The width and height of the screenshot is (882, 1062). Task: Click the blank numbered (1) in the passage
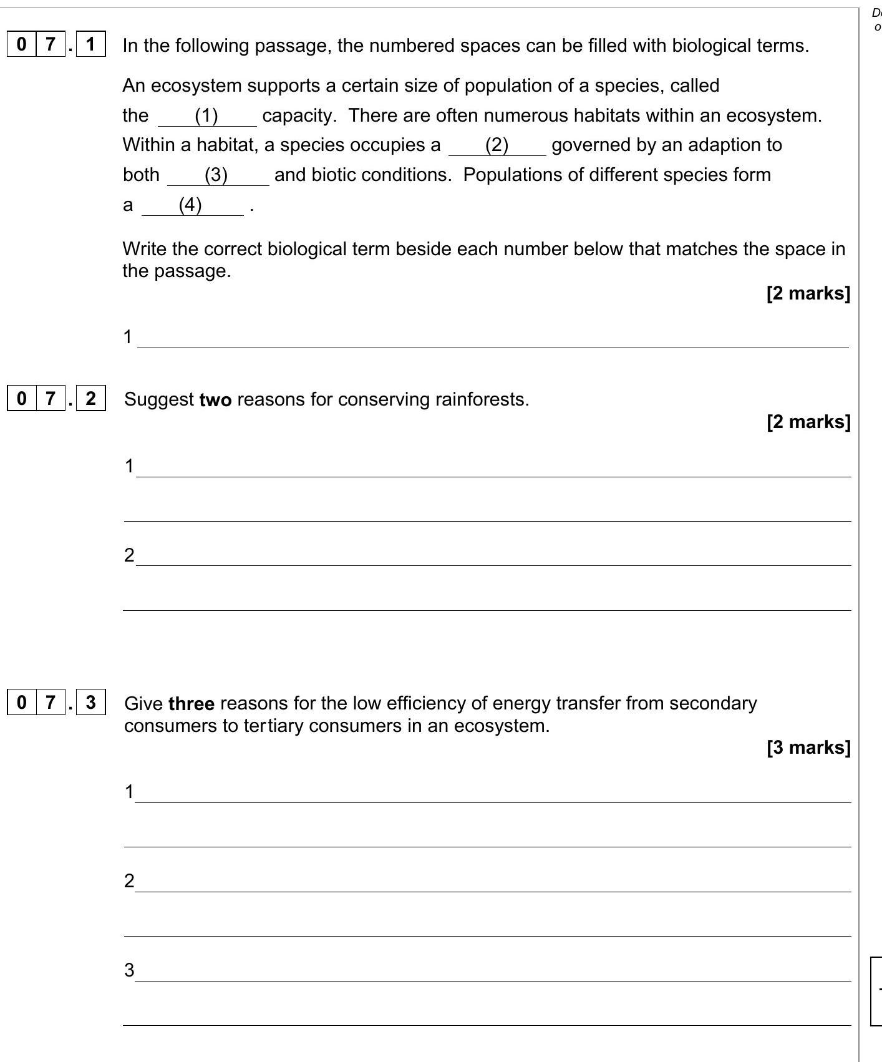[x=206, y=116]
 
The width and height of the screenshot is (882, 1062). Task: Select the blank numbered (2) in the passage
[x=497, y=145]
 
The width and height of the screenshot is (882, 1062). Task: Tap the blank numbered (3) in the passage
[x=216, y=175]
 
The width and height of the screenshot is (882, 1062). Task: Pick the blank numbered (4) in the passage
[x=190, y=205]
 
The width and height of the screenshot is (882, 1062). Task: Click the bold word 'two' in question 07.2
[x=215, y=400]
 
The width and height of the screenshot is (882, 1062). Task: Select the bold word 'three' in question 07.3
[x=191, y=704]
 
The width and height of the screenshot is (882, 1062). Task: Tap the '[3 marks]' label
[x=808, y=748]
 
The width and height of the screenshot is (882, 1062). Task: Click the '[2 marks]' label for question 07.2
[x=808, y=422]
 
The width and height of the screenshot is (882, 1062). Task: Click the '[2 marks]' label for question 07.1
[x=808, y=293]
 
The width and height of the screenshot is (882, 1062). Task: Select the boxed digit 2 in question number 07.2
[x=91, y=398]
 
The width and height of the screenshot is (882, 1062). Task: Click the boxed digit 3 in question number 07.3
[x=91, y=703]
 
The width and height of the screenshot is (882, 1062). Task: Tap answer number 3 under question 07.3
[x=129, y=970]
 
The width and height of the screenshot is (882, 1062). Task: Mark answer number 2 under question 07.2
[x=129, y=555]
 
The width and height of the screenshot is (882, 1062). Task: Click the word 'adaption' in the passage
[x=693, y=145]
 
